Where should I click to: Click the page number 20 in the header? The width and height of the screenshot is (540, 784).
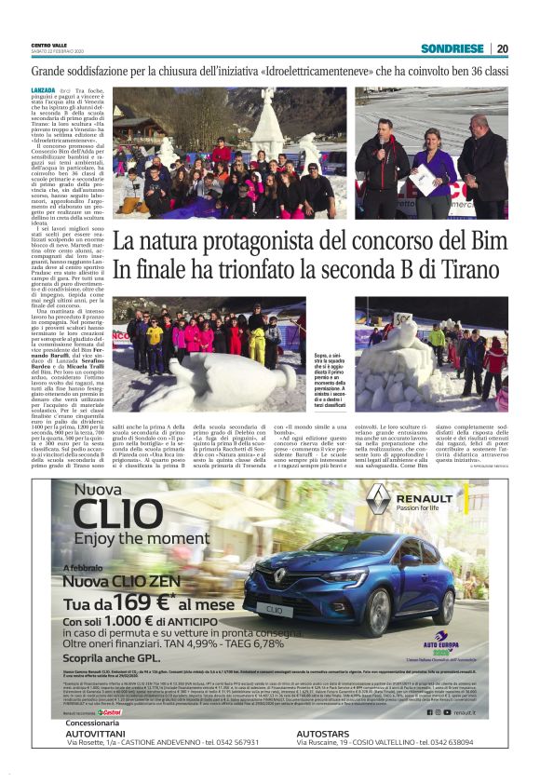tap(502, 48)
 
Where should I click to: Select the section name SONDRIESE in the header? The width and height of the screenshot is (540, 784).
tap(452, 48)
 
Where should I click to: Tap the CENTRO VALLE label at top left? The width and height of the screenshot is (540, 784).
tap(49, 45)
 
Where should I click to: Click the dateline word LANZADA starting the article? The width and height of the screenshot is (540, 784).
tap(43, 88)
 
